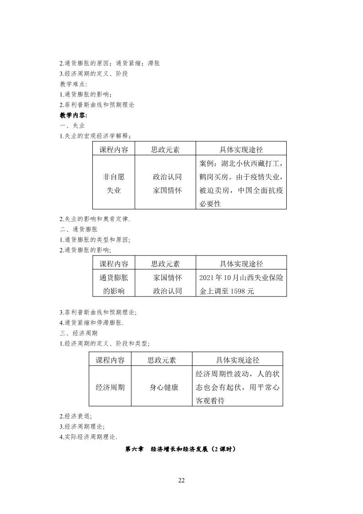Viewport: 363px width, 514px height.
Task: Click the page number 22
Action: tap(181, 480)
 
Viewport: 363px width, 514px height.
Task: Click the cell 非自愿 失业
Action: tap(113, 183)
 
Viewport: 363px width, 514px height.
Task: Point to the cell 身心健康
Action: tap(164, 387)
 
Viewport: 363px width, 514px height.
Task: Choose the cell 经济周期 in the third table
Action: tap(110, 387)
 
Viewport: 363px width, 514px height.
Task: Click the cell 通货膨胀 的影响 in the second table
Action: tap(113, 284)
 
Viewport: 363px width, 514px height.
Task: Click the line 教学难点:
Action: tap(73, 84)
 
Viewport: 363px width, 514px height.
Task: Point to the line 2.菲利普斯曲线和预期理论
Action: tap(97, 104)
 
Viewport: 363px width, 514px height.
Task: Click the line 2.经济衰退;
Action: tap(75, 416)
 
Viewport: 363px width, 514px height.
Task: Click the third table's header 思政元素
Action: tap(161, 360)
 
